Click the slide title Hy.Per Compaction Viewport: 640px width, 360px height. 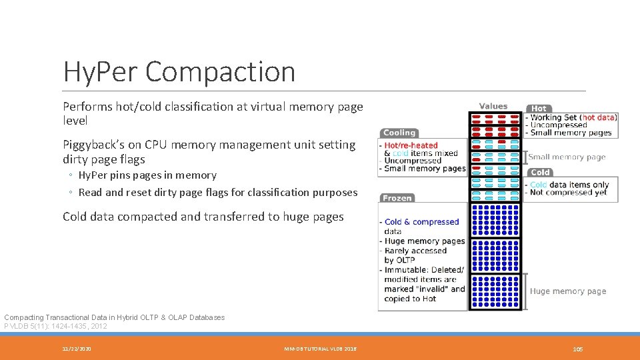click(179, 71)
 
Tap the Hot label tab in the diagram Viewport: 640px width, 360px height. click(539, 108)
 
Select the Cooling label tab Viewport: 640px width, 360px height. click(399, 133)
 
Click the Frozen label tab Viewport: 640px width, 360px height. click(397, 198)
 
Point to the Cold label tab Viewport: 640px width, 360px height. click(539, 172)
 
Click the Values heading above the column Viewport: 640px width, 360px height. click(493, 106)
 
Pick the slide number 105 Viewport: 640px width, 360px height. click(577, 349)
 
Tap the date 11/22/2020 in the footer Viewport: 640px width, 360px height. click(77, 349)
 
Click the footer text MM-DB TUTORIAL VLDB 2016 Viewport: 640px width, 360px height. click(320, 349)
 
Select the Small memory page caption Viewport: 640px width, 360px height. click(567, 157)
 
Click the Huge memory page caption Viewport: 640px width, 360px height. click(568, 291)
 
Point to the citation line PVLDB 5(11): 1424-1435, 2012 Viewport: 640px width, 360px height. click(55, 326)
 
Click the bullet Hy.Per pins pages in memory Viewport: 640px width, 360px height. click(147, 175)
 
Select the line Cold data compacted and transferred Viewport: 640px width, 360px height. click(203, 217)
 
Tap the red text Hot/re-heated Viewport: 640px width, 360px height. click(411, 145)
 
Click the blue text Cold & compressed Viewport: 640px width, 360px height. click(421, 222)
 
